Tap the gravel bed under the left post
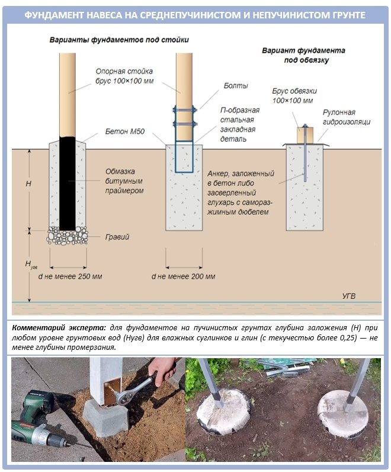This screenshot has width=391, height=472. click(68, 235)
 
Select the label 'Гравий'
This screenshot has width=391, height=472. click(118, 237)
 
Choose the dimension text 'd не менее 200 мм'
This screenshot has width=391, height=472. click(184, 277)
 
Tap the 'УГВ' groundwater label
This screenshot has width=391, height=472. click(351, 295)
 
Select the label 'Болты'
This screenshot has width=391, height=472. click(232, 87)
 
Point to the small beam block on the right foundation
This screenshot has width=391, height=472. click(305, 134)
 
